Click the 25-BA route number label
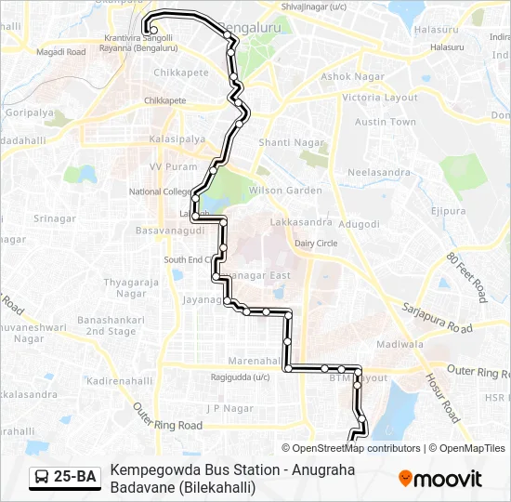coord(74,478)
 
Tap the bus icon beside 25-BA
coord(42,478)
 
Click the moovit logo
coord(440,479)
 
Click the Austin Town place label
coord(386,122)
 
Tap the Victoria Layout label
coord(379,98)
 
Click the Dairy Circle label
coord(316,244)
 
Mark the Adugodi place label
coord(359,224)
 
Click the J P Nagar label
coord(229,407)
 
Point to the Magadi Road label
coord(60,52)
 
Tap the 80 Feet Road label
coord(466,276)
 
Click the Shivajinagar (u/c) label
coord(313,7)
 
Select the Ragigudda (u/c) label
coord(240,376)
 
